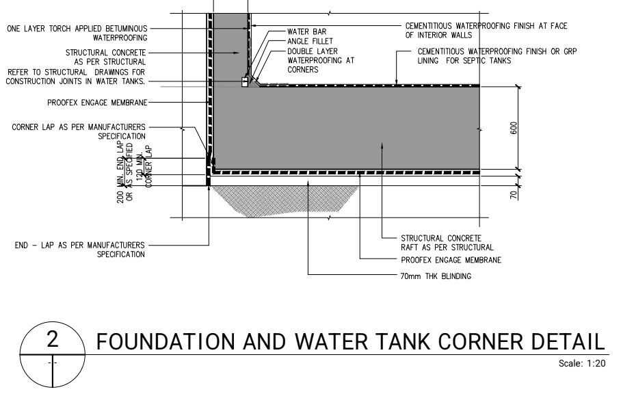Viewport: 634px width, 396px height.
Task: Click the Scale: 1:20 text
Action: [582, 363]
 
